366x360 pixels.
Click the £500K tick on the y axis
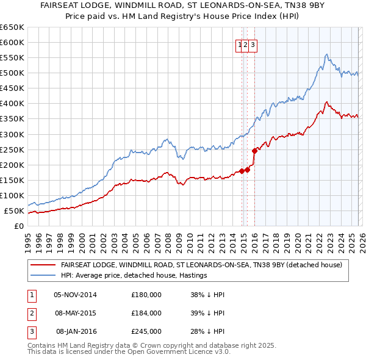12,73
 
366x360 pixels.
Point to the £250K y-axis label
12,149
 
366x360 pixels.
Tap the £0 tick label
18,226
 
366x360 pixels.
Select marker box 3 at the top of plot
252,44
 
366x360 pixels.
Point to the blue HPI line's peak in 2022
327,54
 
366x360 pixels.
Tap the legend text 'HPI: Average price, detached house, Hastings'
134,275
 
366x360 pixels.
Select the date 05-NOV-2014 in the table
75,295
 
